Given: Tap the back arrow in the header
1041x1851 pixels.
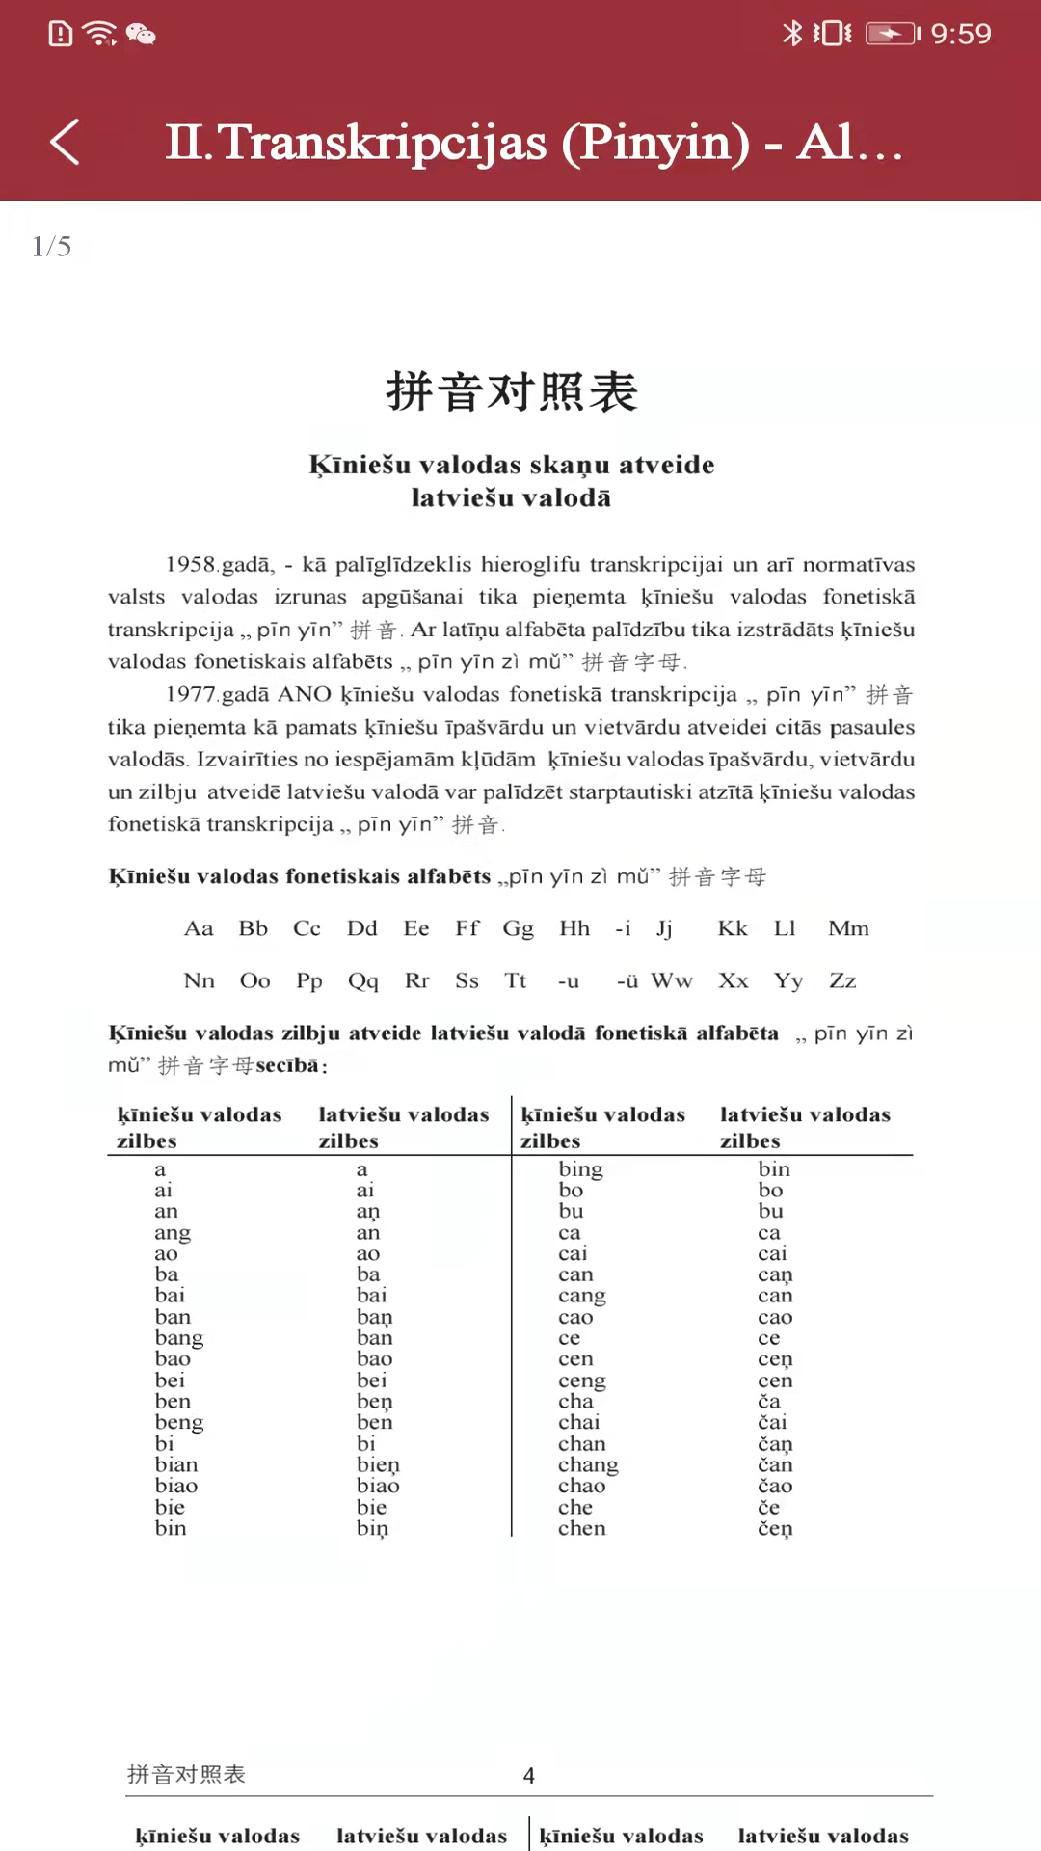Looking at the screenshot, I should tap(65, 143).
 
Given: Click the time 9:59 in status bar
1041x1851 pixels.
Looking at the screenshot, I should tap(960, 35).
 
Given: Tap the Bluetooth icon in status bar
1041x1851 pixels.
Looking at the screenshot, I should tap(791, 34).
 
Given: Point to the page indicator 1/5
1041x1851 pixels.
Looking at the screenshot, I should tap(52, 247).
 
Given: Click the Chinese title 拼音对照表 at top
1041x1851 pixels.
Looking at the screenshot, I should tap(512, 392).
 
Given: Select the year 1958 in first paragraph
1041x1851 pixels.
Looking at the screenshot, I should tap(190, 565).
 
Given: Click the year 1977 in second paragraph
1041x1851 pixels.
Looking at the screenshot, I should tap(190, 694).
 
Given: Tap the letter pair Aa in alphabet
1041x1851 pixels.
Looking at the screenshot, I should tap(199, 928).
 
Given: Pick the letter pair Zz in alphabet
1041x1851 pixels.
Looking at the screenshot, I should tap(842, 980).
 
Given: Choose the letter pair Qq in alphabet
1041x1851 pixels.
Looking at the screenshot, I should tap(363, 980).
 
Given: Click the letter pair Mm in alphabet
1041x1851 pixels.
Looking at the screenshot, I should tap(848, 928).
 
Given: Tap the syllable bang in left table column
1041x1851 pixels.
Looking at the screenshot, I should tap(179, 1338).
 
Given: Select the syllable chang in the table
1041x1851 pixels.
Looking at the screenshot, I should tap(588, 1465).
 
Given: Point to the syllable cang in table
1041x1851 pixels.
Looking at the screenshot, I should tap(582, 1296).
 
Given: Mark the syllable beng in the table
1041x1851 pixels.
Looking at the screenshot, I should tap(179, 1423).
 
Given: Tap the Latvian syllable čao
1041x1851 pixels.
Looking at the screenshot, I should tap(775, 1487).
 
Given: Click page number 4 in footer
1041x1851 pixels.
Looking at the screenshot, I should tap(529, 1776).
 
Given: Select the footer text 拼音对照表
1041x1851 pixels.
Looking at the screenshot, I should tap(187, 1775).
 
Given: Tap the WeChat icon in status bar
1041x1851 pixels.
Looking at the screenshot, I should tap(142, 35).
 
